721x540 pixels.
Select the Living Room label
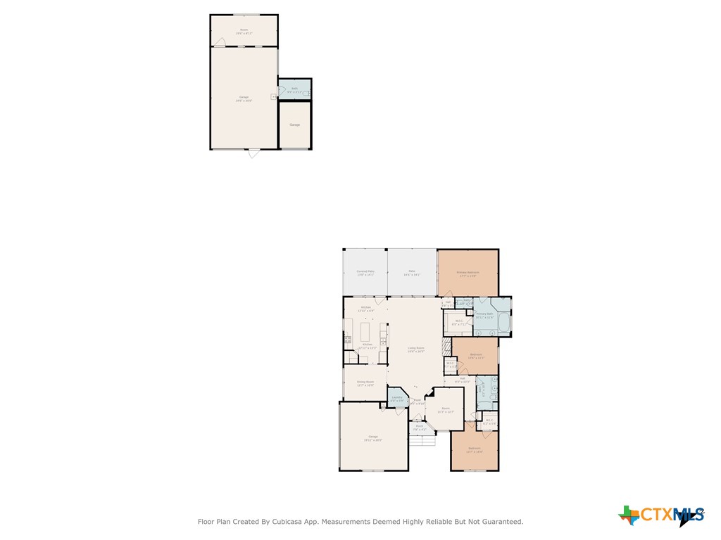tap(416, 348)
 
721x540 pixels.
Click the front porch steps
tap(422, 440)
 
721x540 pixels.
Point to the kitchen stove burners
tap(347, 339)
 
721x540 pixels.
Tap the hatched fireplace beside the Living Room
tap(446, 347)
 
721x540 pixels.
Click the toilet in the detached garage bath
tap(306, 91)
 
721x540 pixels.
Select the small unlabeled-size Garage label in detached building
tap(294, 124)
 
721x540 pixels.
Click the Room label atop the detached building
tap(244, 30)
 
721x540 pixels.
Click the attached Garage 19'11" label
tap(373, 437)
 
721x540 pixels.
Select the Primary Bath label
tap(484, 314)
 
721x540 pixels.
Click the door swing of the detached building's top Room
tap(220, 42)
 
